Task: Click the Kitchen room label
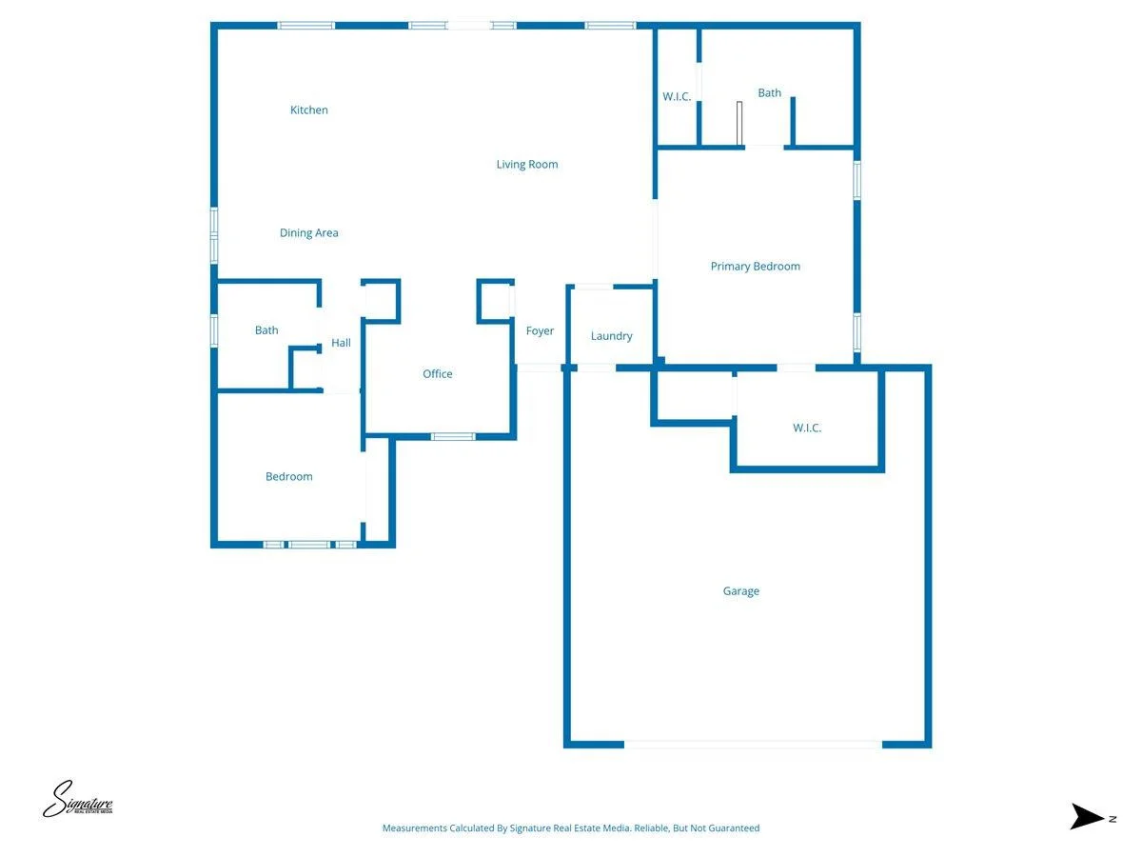click(308, 110)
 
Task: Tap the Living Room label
click(526, 165)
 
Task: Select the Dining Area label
click(308, 233)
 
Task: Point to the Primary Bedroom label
click(755, 267)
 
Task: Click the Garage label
click(740, 591)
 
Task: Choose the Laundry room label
click(611, 336)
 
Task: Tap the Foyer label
click(539, 331)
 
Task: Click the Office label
click(437, 373)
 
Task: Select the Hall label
click(341, 343)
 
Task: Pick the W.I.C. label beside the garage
click(806, 428)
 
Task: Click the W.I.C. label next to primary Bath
click(677, 96)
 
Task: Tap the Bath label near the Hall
click(266, 329)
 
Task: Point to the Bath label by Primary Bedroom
click(769, 92)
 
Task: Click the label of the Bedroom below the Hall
click(288, 477)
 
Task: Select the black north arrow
click(1087, 816)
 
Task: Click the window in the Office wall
click(452, 436)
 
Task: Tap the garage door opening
click(753, 745)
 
